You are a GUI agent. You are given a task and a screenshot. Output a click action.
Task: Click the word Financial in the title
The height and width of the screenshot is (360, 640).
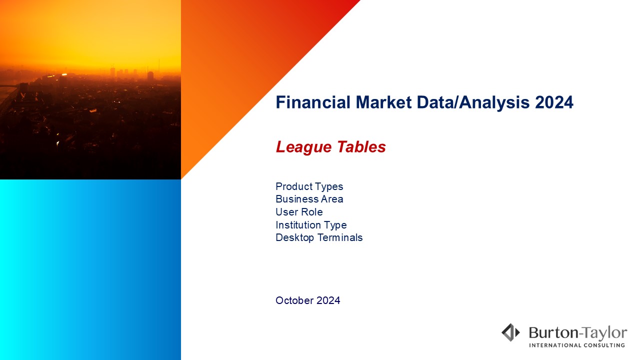[x=313, y=102]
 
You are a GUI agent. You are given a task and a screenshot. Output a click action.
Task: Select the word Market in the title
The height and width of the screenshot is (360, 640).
[x=383, y=102]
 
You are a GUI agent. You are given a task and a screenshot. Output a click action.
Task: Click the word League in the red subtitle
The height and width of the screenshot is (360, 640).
[x=303, y=147]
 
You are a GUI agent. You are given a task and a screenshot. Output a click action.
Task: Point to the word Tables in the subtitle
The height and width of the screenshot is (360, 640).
[x=361, y=147]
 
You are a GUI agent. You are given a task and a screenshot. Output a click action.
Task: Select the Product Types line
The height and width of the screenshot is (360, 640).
[x=309, y=187]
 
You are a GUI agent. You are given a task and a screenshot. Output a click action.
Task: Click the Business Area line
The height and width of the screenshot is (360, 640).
[x=309, y=199]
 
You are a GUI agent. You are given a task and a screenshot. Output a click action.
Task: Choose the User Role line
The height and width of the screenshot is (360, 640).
[x=299, y=212]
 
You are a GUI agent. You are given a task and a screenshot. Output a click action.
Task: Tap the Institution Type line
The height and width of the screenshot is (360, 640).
[x=311, y=225]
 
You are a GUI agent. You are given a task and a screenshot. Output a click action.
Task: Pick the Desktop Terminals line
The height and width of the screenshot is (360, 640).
[x=319, y=237]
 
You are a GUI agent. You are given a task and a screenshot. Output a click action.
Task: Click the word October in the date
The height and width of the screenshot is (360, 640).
[x=294, y=300]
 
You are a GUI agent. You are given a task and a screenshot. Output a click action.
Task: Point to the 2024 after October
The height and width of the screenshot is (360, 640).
[x=328, y=300]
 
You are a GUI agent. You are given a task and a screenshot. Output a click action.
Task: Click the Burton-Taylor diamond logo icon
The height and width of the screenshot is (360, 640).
[x=511, y=332]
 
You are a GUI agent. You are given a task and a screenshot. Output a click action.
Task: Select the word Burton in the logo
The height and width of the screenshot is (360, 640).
[x=553, y=333]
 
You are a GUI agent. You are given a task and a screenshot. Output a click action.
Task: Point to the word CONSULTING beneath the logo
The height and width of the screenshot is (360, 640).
[x=604, y=345]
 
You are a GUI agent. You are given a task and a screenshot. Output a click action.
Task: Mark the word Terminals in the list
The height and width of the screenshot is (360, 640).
[x=340, y=237]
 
